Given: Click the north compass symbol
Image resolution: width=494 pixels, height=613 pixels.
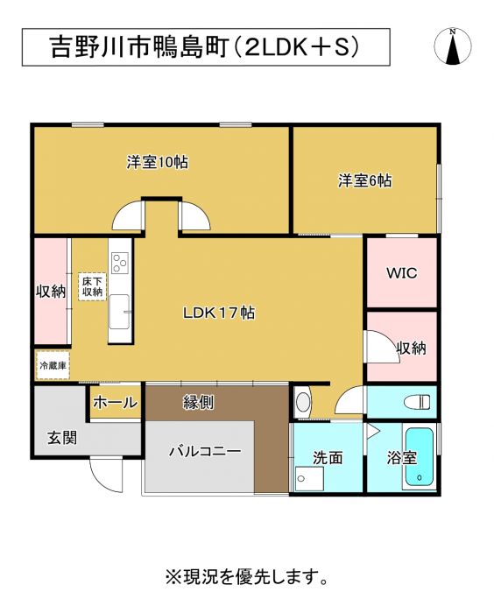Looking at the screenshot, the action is pyautogui.click(x=453, y=46).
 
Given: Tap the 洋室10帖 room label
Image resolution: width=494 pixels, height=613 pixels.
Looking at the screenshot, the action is pyautogui.click(x=158, y=162).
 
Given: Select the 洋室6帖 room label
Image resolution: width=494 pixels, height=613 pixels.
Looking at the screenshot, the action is pyautogui.click(x=365, y=180).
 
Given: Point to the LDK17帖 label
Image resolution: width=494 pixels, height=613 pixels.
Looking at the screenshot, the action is pyautogui.click(x=219, y=313).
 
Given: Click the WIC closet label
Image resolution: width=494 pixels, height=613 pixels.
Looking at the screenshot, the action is pyautogui.click(x=402, y=273).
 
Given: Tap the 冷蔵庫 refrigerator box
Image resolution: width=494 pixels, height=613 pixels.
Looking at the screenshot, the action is pyautogui.click(x=53, y=365).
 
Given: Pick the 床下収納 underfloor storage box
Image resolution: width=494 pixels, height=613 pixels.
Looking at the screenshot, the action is pyautogui.click(x=92, y=286).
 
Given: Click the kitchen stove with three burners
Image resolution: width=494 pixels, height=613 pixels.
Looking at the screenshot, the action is pyautogui.click(x=120, y=263).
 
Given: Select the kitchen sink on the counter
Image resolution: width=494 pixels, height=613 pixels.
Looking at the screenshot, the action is pyautogui.click(x=119, y=312).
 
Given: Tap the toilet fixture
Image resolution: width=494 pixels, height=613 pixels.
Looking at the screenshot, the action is pyautogui.click(x=418, y=401).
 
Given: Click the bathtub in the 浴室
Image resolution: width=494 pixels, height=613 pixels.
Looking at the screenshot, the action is pyautogui.click(x=419, y=457).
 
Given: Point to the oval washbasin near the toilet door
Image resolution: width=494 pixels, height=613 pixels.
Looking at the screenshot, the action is pyautogui.click(x=303, y=402).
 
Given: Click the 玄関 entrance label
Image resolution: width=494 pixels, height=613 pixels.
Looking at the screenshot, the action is pyautogui.click(x=62, y=438).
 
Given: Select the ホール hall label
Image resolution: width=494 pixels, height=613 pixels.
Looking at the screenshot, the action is pyautogui.click(x=116, y=402).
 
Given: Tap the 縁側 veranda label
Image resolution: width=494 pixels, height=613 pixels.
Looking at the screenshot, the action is pyautogui.click(x=198, y=402).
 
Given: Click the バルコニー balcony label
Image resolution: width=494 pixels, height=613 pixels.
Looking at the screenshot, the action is pyautogui.click(x=205, y=452).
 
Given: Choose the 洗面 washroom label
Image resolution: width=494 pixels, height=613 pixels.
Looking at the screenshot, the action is pyautogui.click(x=328, y=458).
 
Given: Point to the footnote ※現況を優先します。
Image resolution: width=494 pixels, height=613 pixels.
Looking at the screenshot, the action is pyautogui.click(x=246, y=576).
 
